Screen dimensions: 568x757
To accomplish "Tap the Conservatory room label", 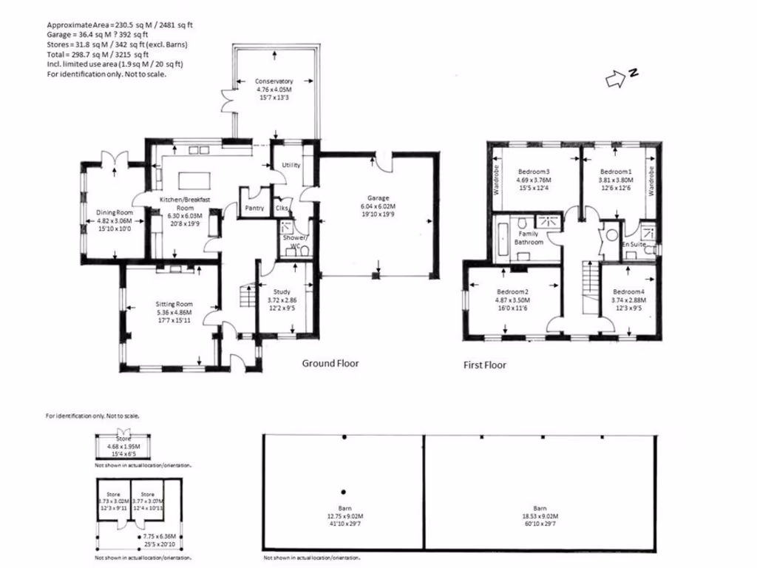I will [x=274, y=81].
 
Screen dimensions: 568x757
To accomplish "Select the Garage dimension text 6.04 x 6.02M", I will [x=378, y=206].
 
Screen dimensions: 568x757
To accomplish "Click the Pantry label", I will [x=254, y=209].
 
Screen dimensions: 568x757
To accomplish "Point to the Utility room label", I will [x=291, y=165].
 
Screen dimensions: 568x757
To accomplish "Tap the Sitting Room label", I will [x=174, y=304].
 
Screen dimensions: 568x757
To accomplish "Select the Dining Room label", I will [x=114, y=213].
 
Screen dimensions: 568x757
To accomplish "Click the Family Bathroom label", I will [x=529, y=237].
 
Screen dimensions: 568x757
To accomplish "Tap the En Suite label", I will [x=634, y=243].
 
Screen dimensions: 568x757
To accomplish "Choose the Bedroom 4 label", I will [x=629, y=291].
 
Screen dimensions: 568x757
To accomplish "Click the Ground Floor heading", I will [x=330, y=363].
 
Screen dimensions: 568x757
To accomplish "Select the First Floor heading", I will [x=484, y=365].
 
